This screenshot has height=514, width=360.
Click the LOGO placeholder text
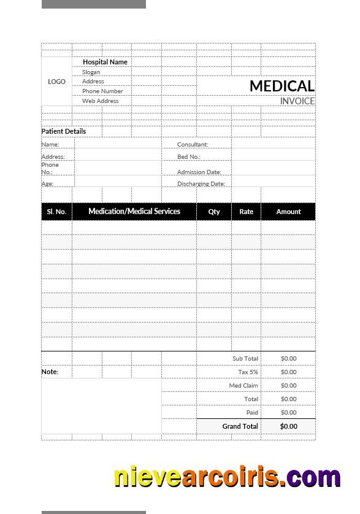[56, 82]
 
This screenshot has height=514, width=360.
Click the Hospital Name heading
[105, 62]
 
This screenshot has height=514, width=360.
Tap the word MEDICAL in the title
[281, 86]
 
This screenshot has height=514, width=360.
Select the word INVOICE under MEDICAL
[297, 101]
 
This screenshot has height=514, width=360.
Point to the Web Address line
[101, 101]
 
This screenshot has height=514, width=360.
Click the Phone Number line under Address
[102, 91]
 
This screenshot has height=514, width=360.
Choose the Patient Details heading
[64, 131]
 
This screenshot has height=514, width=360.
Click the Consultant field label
[193, 145]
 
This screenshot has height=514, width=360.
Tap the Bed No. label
[189, 157]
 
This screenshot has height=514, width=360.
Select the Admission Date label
[199, 172]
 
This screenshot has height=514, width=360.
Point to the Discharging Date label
[201, 184]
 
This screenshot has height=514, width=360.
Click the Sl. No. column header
[56, 212]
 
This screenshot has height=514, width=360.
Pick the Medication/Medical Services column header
[134, 211]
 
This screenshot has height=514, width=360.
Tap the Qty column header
[214, 212]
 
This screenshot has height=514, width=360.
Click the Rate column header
[246, 212]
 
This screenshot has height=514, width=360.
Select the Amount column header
[288, 212]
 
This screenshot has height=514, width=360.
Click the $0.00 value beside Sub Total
[288, 359]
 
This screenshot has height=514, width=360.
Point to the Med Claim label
[243, 386]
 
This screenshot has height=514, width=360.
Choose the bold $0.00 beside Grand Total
[288, 426]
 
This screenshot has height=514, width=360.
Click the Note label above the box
[50, 372]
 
